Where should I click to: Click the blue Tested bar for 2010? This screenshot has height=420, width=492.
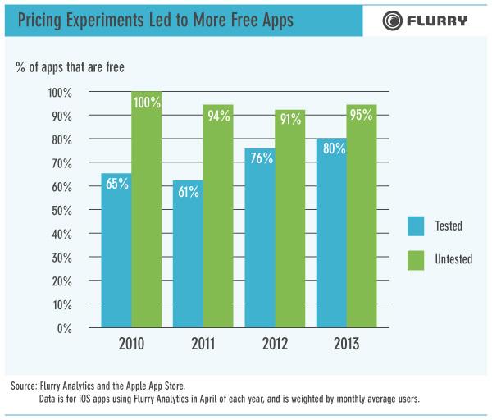point(116,251)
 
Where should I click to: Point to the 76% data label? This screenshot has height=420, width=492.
point(261,158)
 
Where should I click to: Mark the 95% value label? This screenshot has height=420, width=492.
point(362,114)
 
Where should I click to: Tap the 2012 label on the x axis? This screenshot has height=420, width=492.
point(275,344)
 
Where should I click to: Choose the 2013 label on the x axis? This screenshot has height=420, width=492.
point(346,344)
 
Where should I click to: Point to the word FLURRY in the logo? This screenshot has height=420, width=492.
point(440,21)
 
